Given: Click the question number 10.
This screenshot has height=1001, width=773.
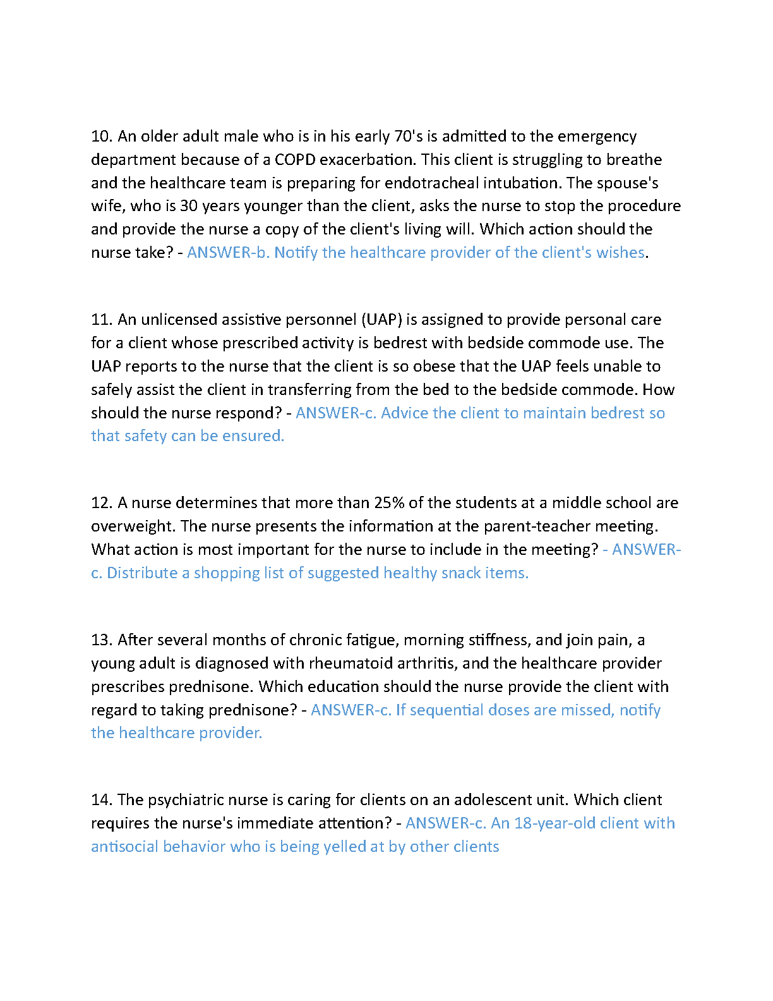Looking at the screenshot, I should tap(101, 136).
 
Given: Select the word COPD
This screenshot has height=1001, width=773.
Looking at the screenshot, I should tap(295, 160).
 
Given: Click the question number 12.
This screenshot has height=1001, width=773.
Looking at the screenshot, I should tap(101, 503).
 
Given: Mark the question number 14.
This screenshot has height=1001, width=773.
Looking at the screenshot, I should tap(101, 800).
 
